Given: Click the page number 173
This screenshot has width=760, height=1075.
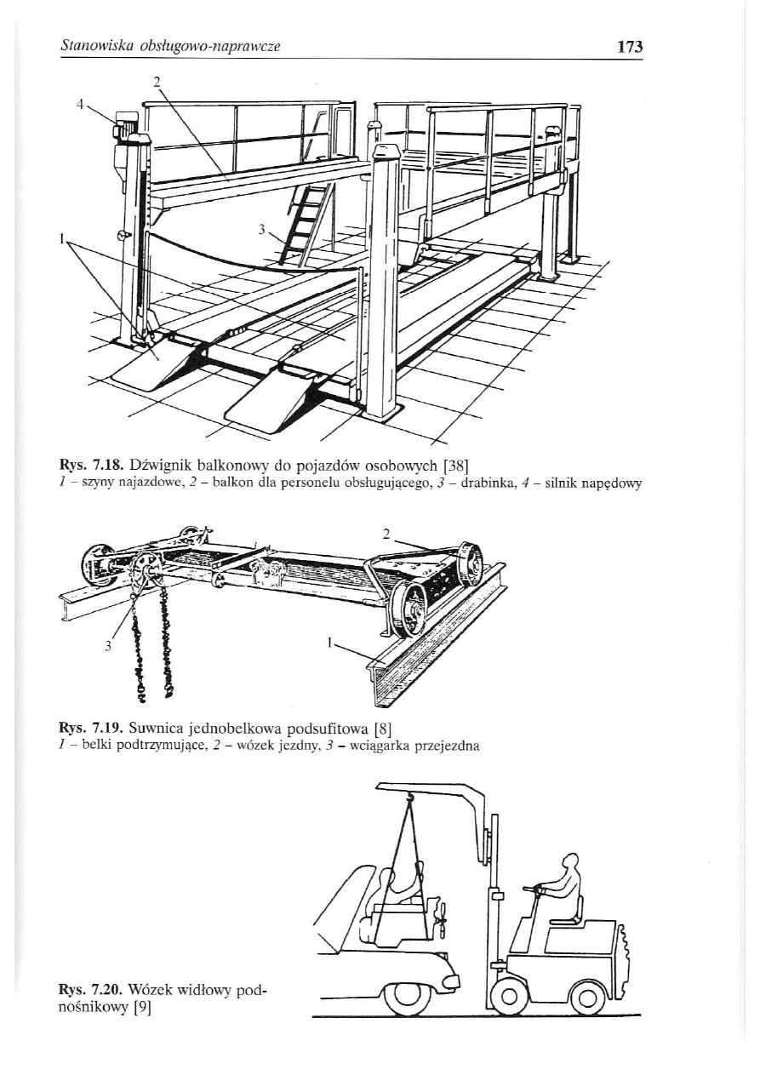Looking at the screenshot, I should coord(630,47).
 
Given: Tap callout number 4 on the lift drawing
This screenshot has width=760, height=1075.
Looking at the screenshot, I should coord(81,104).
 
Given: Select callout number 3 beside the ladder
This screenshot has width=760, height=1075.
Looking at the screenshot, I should coord(262,229).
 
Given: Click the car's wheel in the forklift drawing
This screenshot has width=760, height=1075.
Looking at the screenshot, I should coord(406,997).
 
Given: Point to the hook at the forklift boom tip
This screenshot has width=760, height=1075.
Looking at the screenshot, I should coord(409,798).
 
